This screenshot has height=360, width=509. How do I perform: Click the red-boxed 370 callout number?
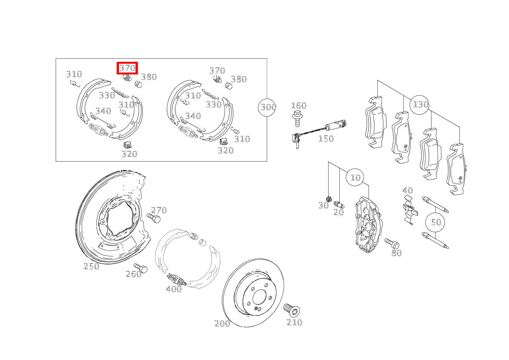tap(127, 68)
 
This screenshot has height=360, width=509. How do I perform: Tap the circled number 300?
tap(267, 107)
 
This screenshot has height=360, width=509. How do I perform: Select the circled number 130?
tap(420, 105)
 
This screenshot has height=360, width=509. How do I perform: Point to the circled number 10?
tap(355, 177)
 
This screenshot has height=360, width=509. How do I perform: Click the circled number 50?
tap(435, 222)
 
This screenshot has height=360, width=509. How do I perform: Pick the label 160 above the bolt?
tap(299, 106)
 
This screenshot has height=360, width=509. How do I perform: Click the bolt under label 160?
tap(297, 119)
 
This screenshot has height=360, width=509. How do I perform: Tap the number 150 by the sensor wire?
tap(326, 139)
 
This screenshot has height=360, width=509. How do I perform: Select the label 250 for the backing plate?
tap(91, 266)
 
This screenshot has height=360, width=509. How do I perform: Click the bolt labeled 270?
tap(154, 218)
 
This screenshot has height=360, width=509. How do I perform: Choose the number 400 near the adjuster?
tap(174, 289)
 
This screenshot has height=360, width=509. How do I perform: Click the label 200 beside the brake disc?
tap(222, 324)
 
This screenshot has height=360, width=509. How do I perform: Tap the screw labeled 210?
tap(291, 310)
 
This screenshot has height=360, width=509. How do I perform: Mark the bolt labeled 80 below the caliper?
tap(392, 243)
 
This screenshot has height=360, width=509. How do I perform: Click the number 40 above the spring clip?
tap(408, 190)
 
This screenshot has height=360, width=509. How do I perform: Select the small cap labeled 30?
tap(329, 199)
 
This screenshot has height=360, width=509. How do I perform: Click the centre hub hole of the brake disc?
tap(259, 297)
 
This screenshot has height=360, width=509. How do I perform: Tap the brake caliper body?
tap(368, 225)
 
